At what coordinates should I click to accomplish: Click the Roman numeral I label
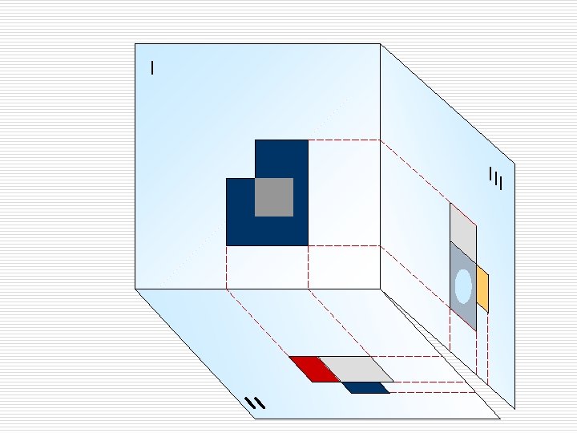pyautogui.click(x=152, y=68)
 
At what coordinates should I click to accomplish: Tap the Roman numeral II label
pyautogui.click(x=255, y=403)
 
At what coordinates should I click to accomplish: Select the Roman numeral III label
pyautogui.click(x=495, y=178)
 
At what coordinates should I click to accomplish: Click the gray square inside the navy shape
pyautogui.click(x=273, y=197)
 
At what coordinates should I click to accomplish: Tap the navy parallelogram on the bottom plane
pyautogui.click(x=365, y=388)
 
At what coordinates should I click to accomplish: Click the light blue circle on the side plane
pyautogui.click(x=463, y=286)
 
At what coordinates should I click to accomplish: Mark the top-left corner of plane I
pyautogui.click(x=135, y=44)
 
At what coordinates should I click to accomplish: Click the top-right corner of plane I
pyautogui.click(x=380, y=44)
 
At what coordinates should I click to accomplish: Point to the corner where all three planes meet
pyautogui.click(x=380, y=288)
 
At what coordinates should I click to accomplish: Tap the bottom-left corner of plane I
pyautogui.click(x=135, y=288)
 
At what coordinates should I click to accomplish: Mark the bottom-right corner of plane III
pyautogui.click(x=514, y=409)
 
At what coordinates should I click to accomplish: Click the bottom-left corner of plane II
pyautogui.click(x=255, y=419)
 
